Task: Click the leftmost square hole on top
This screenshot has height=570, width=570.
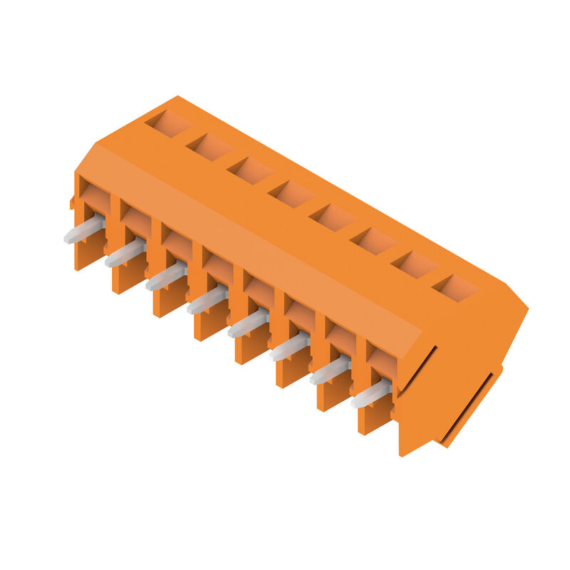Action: [168, 123]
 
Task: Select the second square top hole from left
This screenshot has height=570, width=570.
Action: [209, 147]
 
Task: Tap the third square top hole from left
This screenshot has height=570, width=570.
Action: [250, 170]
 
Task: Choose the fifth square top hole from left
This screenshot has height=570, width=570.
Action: [332, 217]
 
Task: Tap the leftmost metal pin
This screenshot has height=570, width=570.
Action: [83, 230]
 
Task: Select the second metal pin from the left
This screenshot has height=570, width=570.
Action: [125, 254]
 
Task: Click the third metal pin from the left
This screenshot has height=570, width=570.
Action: [166, 277]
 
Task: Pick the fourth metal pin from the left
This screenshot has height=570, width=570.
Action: [207, 301]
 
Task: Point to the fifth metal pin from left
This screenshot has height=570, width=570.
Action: [248, 324]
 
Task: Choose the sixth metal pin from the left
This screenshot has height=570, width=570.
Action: [289, 348]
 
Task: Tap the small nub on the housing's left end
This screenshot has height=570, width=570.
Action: [72, 204]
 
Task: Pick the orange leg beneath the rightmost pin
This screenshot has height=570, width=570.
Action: [373, 420]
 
